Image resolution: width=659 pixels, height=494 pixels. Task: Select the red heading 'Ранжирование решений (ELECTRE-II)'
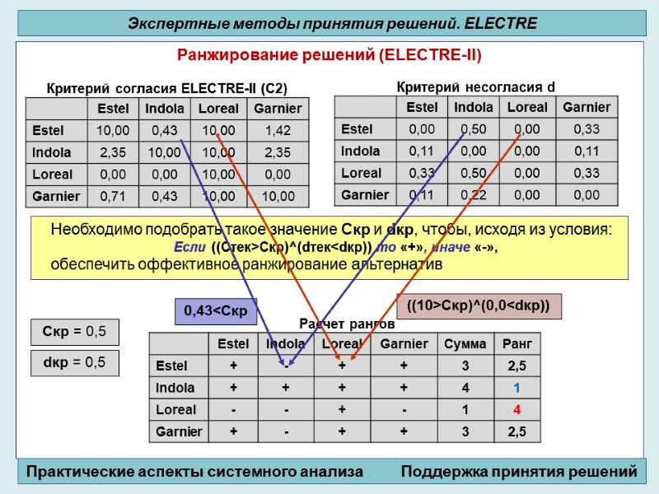coord(329,55)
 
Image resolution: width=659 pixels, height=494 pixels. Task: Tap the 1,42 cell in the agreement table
coord(278,130)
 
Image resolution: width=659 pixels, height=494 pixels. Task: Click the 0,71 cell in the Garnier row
coord(113,196)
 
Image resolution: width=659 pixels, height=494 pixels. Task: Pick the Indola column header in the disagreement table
coord(474,107)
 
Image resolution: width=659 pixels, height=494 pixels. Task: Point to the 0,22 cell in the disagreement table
coord(474,195)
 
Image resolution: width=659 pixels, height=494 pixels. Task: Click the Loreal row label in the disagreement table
coord(361,173)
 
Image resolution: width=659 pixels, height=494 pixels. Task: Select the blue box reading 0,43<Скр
coord(216,310)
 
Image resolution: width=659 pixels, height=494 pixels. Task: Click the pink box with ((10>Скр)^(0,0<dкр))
coord(479,306)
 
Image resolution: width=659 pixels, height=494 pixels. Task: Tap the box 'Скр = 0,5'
coord(75,332)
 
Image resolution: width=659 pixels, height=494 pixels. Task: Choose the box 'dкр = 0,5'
coord(75,362)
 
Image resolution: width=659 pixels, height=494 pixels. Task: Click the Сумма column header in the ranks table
coord(465,343)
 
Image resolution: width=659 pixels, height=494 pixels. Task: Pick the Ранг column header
coord(517,343)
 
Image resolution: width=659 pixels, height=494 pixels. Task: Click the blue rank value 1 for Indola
coord(517,388)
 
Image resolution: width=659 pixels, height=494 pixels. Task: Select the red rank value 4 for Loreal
coord(517,410)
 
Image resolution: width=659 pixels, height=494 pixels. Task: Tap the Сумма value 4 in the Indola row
coord(465,388)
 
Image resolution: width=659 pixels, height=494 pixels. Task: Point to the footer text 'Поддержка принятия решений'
coord(519,472)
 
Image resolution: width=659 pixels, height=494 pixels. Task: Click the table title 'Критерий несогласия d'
coord(475,86)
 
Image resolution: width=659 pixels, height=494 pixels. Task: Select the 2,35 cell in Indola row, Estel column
coord(113,152)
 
